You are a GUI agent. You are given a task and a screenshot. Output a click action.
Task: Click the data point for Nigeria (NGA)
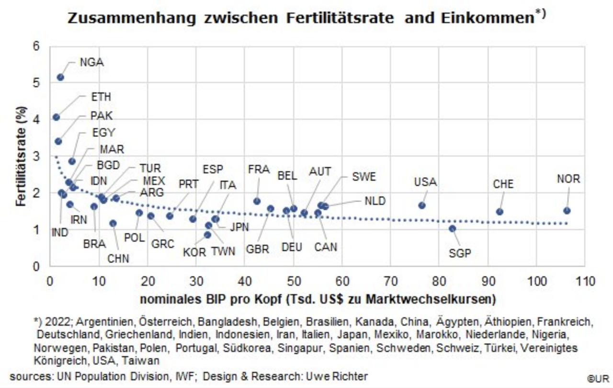pos(60,77)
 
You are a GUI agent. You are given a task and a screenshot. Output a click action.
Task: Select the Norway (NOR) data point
pos(567,210)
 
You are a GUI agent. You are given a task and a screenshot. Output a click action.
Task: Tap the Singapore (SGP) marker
pos(452,228)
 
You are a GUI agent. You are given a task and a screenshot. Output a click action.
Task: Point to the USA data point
pos(422,205)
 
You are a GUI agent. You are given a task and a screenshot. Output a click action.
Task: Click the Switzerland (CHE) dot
pos(499,212)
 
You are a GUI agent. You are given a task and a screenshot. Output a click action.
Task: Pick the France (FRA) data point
pos(257,201)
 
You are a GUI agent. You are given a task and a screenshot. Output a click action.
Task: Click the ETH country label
pos(101,97)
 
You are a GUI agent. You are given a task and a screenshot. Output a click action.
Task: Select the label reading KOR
pos(194,252)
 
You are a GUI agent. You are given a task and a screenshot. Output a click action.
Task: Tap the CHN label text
pos(118,259)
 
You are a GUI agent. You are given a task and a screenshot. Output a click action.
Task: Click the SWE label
pos(364,176)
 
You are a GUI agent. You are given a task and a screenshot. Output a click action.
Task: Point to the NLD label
pos(375,201)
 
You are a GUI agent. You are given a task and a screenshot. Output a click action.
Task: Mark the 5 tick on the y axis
pos(42,83)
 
